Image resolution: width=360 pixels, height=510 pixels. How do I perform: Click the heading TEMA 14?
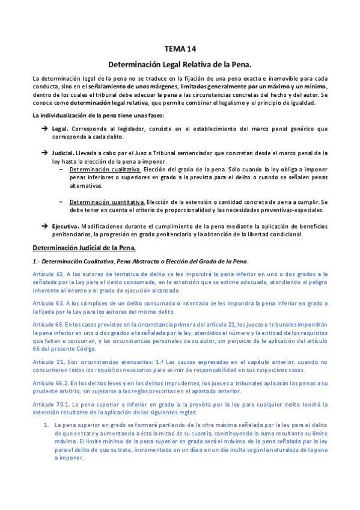180,49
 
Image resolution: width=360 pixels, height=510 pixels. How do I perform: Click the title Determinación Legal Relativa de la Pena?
180,63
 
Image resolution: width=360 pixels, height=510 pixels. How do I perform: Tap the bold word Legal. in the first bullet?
60,129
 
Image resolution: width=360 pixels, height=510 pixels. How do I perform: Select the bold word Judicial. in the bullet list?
63,153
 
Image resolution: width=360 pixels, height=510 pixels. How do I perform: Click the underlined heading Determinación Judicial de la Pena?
84,248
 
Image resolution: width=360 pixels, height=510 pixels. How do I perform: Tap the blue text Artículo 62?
49,274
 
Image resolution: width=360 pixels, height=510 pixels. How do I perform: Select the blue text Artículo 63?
49,303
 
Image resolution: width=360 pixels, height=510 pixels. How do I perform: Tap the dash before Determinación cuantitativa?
62,201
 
